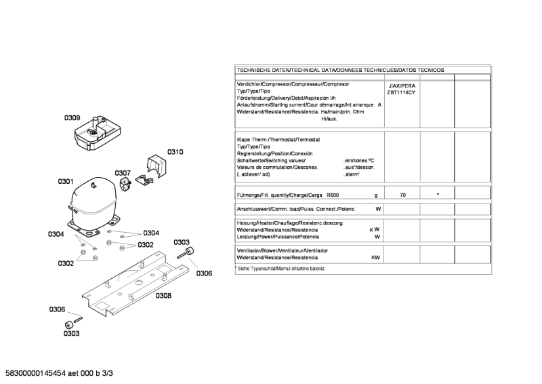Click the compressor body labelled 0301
pos(91,200)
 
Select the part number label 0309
pos(72,118)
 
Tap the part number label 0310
pos(175,152)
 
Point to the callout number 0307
pos(123,173)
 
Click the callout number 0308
pos(163,296)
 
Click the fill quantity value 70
pos(403,195)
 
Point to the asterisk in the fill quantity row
pos(438,195)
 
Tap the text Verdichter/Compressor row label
pos(293,84)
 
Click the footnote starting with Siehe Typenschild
pos(280,269)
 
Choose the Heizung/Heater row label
pos(289,223)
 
